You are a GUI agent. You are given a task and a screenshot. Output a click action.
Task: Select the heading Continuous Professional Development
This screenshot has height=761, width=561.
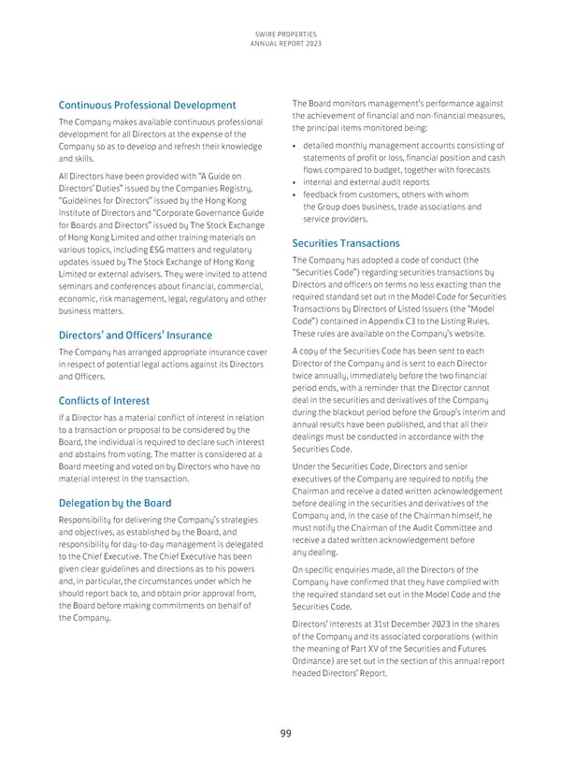tap(148, 105)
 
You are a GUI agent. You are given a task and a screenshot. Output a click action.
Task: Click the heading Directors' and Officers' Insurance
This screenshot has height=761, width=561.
tap(136, 335)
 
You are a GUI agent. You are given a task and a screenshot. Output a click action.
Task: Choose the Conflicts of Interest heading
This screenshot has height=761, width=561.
tap(105, 397)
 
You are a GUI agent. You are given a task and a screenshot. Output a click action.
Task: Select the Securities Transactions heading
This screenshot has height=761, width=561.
tap(346, 243)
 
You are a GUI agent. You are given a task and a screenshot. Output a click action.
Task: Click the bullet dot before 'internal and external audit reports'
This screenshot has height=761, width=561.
tap(295, 182)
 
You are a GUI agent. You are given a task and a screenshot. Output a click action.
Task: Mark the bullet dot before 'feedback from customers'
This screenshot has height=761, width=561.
tap(295, 194)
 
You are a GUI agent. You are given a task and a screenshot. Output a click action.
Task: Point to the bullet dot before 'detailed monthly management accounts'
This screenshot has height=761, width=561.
tap(295, 145)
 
